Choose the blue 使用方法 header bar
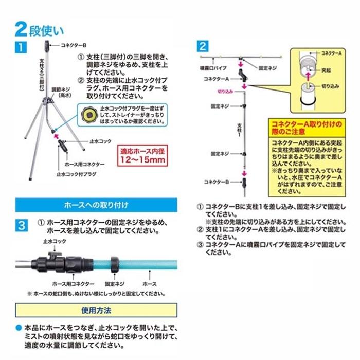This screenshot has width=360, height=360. pyautogui.click(x=96, y=311)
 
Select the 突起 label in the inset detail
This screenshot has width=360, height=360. pyautogui.click(x=325, y=67)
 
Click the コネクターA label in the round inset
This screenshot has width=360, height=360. pyautogui.click(x=332, y=53)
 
